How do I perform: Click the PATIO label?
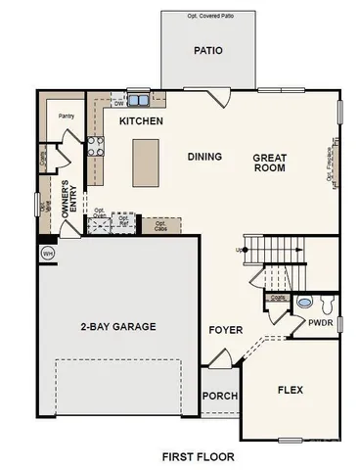coord(207,50)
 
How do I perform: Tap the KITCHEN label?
coord(141,121)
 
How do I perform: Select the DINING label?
coord(203,157)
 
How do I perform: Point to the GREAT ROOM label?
coord(269,163)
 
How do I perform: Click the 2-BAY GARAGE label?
coord(118,326)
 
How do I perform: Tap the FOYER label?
coord(225,329)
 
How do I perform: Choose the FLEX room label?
coord(291,390)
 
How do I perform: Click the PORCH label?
coord(220,397)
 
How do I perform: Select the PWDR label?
coord(321,321)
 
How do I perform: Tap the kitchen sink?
coord(138,99)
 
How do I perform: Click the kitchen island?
coord(147,162)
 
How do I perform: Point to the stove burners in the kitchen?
coord(97,147)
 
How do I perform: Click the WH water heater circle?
coord(47,253)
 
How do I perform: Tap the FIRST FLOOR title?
coord(199,456)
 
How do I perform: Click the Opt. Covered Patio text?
coord(208,16)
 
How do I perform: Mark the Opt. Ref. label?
coord(123,222)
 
